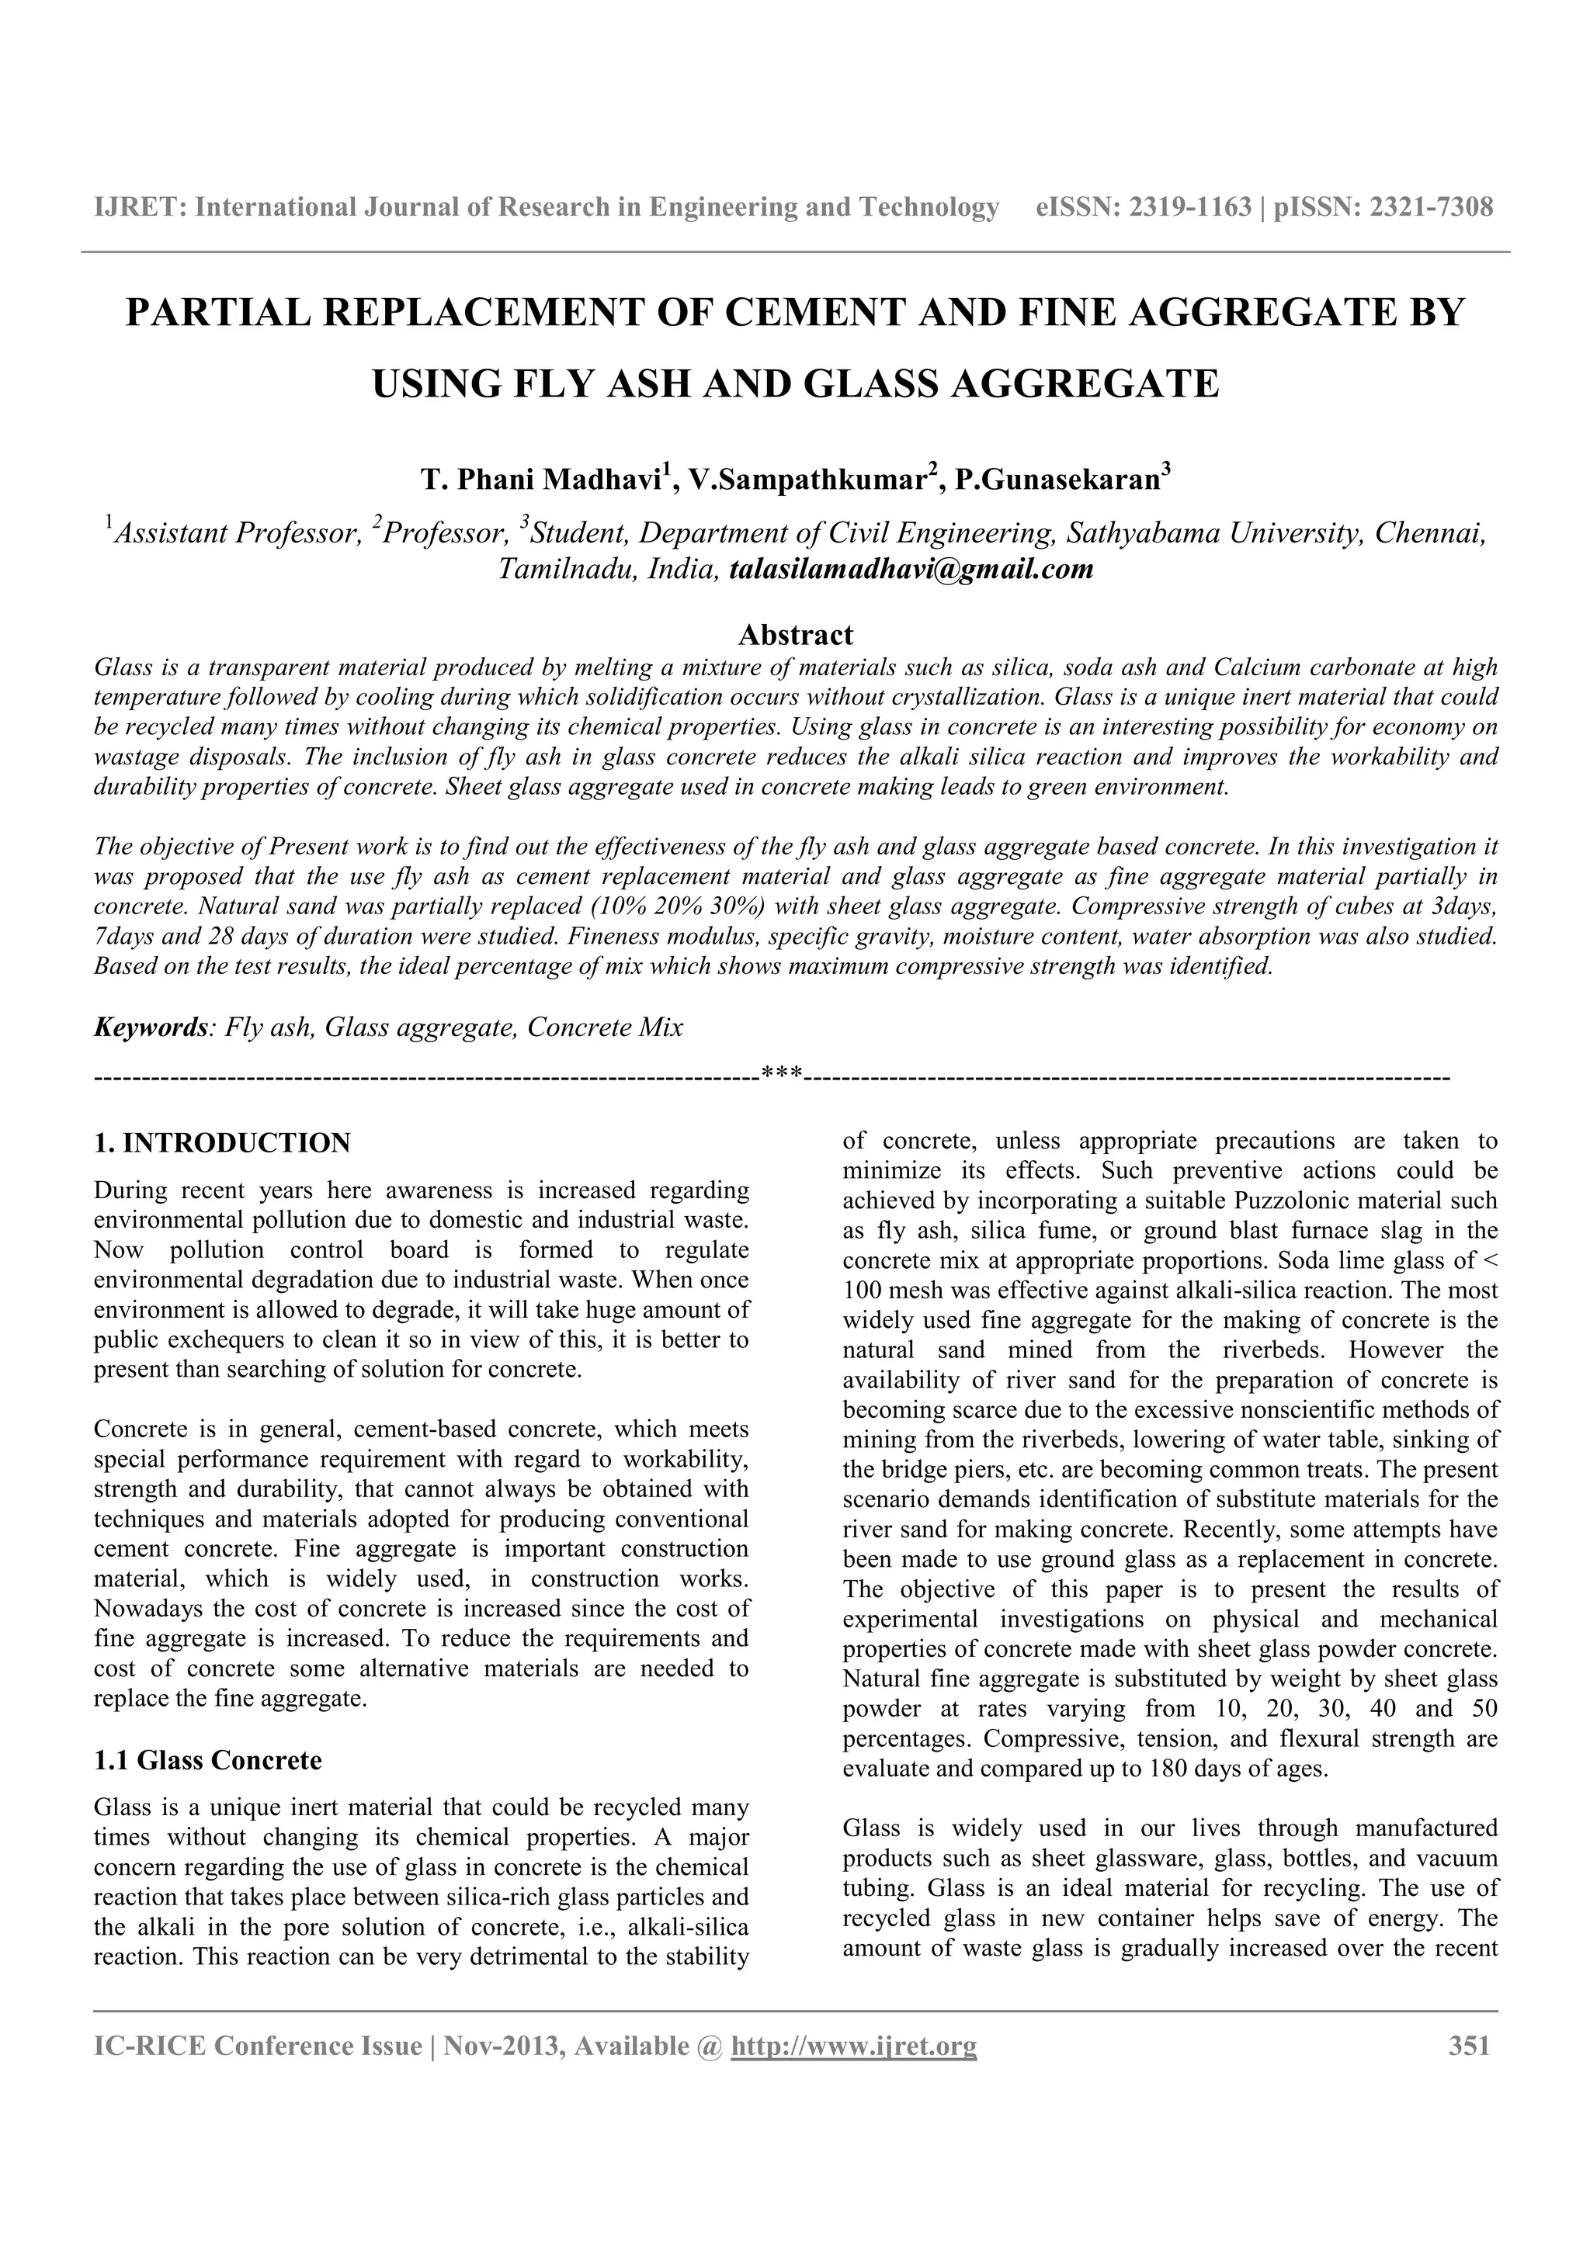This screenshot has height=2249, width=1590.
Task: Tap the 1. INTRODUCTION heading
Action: tap(221, 1143)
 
